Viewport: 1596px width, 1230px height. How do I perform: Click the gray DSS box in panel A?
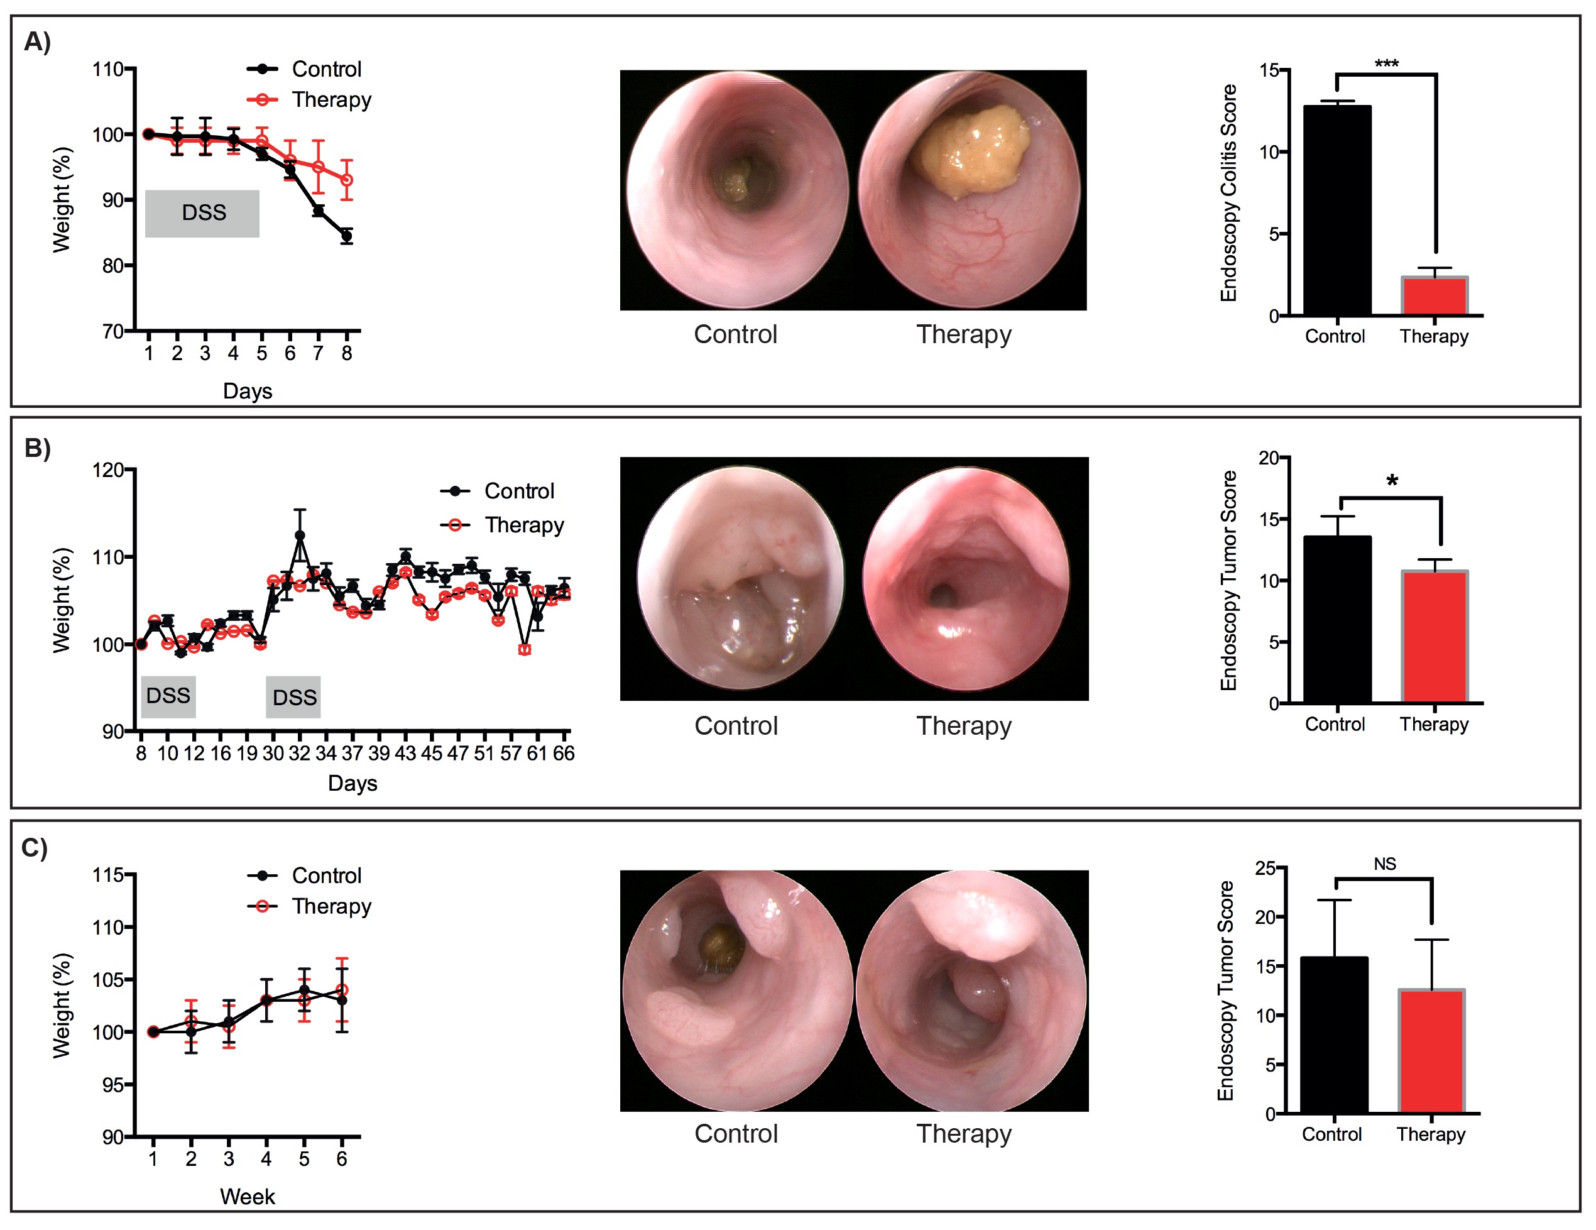202,214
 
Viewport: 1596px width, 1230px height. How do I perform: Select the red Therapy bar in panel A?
1434,296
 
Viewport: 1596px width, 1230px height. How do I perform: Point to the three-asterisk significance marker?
1386,64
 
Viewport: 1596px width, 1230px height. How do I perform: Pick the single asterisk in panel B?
1392,481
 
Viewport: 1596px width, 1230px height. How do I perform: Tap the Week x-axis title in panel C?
247,1197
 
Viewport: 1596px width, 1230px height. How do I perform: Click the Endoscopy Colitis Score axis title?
1228,193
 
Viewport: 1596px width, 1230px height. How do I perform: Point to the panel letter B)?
37,448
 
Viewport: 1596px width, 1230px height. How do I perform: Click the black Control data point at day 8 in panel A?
346,236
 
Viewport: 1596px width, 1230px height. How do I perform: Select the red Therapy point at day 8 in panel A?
346,180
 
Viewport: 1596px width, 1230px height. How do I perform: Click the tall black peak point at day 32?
300,535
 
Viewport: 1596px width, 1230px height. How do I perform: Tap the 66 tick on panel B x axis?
564,754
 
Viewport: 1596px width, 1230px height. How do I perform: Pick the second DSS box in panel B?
293,697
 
